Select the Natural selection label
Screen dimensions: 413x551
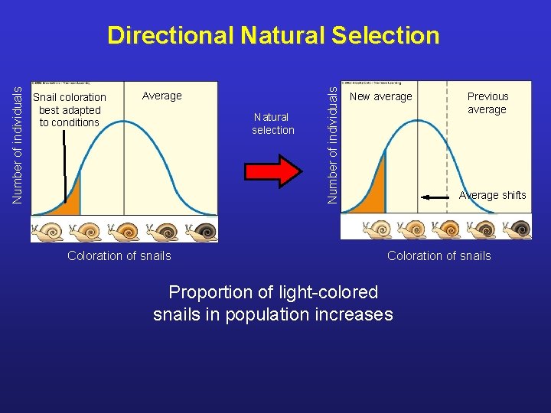coord(272,123)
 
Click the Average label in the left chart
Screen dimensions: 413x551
coord(162,96)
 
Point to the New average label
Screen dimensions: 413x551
coord(380,96)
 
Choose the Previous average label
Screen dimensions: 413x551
coord(487,102)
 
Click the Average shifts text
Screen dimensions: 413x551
coord(492,195)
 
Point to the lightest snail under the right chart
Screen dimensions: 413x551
coord(377,229)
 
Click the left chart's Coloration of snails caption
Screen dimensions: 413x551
coord(119,255)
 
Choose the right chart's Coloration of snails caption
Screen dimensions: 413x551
coord(439,255)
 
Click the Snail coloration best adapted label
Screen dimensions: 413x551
coord(70,109)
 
